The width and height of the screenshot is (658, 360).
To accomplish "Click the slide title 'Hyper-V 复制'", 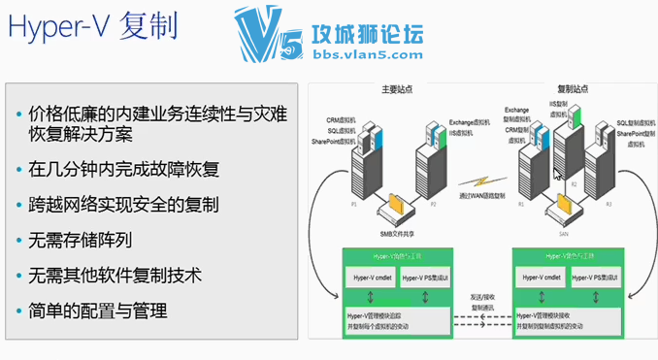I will click(92, 28).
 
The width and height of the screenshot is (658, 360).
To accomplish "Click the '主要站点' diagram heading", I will click(397, 89).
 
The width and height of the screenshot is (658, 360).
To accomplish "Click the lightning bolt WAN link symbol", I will click(481, 181).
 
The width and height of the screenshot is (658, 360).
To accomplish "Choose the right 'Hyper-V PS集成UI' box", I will click(597, 278).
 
